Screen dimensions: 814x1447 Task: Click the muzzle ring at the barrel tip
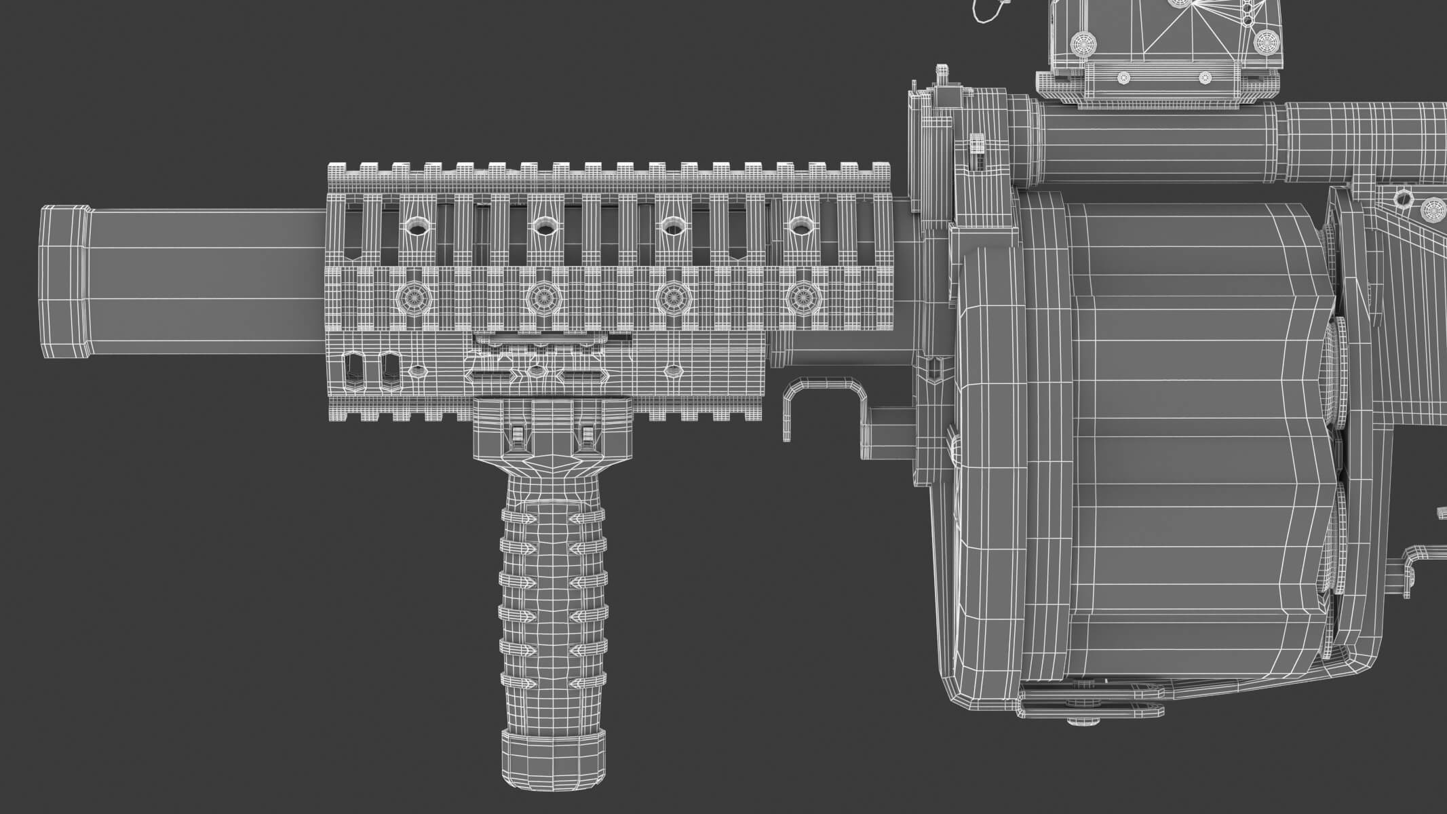(64, 282)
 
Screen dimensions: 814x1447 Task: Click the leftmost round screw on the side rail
(410, 296)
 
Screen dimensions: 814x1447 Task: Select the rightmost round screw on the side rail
(802, 296)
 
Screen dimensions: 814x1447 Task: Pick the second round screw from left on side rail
(541, 296)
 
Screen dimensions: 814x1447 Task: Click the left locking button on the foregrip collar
(517, 435)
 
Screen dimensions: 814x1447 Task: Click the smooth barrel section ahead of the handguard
(204, 282)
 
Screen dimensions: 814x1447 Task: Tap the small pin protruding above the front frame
(941, 72)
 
